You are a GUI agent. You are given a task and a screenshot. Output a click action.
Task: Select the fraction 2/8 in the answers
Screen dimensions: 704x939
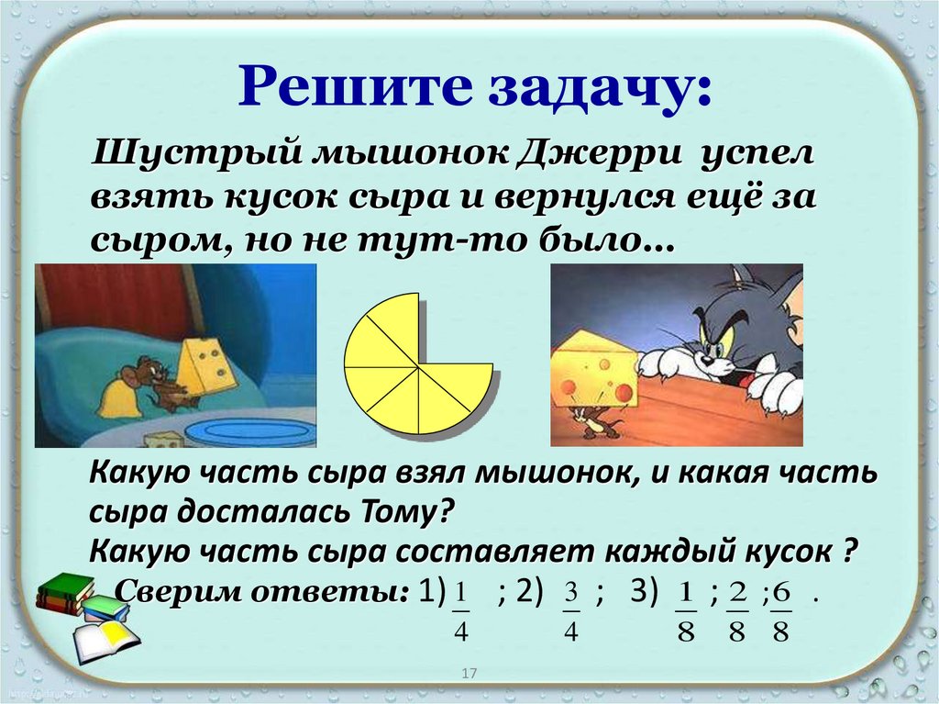coord(736,609)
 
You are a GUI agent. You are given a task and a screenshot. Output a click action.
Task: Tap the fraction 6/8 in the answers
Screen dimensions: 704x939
coord(780,609)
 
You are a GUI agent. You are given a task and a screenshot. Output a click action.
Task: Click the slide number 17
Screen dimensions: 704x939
coord(469,675)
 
